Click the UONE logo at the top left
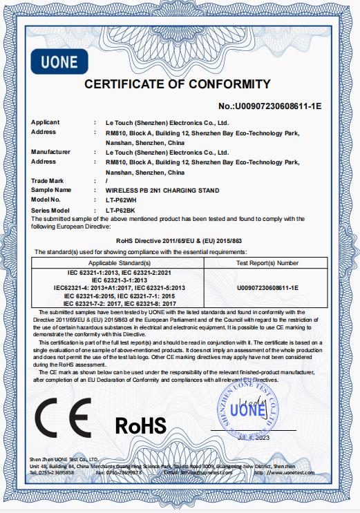coord(60,61)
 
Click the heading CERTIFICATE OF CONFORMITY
coord(177,84)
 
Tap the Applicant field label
coord(46,122)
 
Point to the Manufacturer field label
coord(50,151)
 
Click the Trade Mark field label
coord(48,180)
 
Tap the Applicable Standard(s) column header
coord(119,263)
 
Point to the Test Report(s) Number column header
coord(267,263)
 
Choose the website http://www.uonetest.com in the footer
coord(290,472)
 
